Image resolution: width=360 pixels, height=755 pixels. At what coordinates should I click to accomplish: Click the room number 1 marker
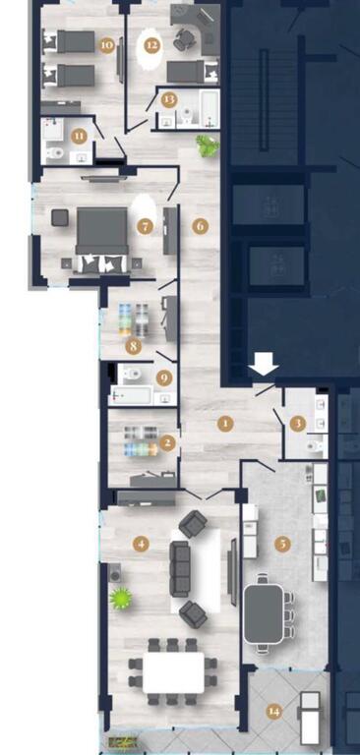click(x=225, y=425)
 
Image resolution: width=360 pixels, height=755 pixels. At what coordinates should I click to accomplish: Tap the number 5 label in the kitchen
click(x=283, y=544)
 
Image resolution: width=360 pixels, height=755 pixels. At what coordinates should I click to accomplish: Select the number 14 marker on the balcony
click(x=274, y=712)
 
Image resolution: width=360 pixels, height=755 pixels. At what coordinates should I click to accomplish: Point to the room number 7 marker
click(x=145, y=226)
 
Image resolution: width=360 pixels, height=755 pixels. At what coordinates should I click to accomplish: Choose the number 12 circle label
click(x=151, y=46)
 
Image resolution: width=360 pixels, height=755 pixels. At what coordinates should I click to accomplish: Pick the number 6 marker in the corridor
click(x=201, y=226)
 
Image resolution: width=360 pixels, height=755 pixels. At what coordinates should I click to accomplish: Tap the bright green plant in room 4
click(x=120, y=599)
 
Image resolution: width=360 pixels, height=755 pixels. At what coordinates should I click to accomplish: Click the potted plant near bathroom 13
click(x=208, y=145)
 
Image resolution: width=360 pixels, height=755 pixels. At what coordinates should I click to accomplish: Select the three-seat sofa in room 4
click(x=179, y=568)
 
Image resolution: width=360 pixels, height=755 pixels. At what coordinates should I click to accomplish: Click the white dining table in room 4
click(x=173, y=672)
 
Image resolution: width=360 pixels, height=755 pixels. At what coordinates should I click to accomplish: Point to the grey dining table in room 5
click(x=264, y=613)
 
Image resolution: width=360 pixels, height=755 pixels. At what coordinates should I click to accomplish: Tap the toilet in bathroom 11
click(x=55, y=153)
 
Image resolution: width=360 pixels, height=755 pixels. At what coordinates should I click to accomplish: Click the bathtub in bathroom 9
click(x=131, y=396)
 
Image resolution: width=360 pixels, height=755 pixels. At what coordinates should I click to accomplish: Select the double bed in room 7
click(x=101, y=239)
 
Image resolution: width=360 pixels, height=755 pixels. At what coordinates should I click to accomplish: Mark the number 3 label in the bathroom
click(x=298, y=425)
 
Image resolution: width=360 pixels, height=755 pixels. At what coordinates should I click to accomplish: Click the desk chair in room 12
click(x=184, y=39)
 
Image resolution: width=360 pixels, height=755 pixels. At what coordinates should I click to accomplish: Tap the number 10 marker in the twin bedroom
click(x=107, y=46)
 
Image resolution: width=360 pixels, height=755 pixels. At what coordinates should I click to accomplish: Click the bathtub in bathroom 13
click(x=210, y=109)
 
